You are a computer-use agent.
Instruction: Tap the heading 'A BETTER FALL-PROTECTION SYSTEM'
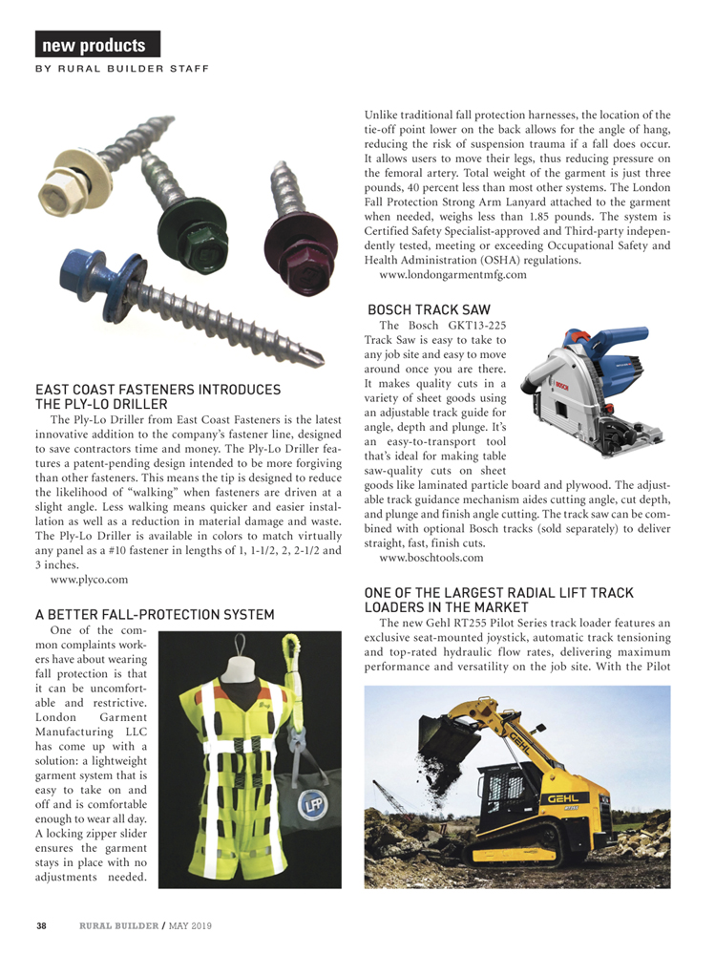[155, 613]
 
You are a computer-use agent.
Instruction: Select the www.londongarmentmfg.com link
[452, 275]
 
